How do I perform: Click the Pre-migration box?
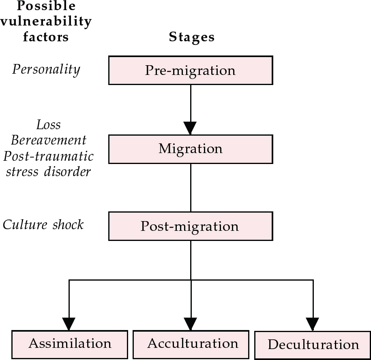pos(191,70)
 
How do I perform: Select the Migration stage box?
pos(191,149)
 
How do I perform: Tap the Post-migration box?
pos(191,226)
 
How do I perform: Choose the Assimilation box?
pos(69,344)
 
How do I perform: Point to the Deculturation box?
pos(313,345)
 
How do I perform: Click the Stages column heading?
pos(191,37)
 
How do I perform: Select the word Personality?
pos(46,69)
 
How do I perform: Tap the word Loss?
pos(48,125)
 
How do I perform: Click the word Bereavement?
pos(49,140)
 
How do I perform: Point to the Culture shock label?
pos(43,224)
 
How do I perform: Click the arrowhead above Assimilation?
pos(69,324)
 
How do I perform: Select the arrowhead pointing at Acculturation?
pos(191,324)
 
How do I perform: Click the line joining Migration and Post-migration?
pos(191,187)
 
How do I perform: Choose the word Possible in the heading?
pos(46,6)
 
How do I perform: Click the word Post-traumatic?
pos(52,156)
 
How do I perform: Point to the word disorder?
pos(71,171)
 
